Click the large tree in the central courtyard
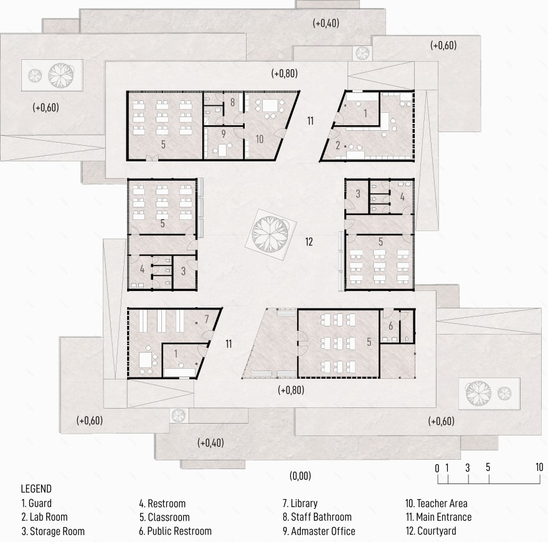270,234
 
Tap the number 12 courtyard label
309,242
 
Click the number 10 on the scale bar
539,467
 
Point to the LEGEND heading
36,488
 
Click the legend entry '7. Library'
300,503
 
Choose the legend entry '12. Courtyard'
431,531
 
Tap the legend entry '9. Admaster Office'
319,531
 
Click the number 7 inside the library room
207,319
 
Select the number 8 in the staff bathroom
232,102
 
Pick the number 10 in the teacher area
259,139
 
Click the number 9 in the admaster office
224,133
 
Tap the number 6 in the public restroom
390,326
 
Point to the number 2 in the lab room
338,145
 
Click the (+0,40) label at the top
326,23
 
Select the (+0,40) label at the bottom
210,443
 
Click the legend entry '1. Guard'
36,503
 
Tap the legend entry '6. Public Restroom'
175,531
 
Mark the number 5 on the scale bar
488,467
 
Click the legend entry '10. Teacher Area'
436,503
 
